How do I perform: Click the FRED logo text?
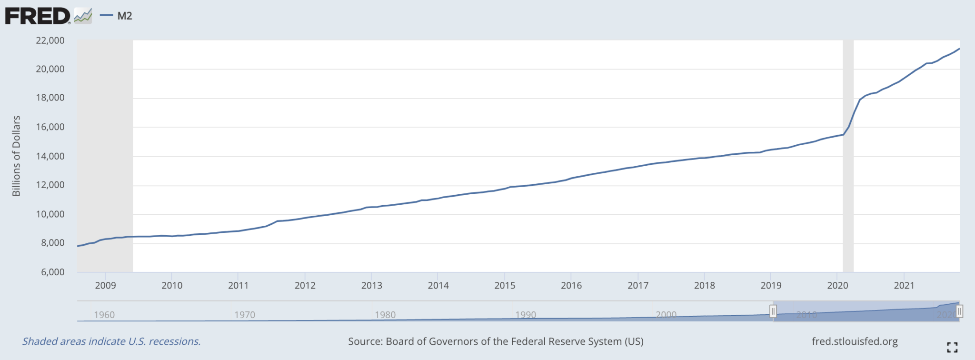[x=37, y=16]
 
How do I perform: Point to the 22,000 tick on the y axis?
[x=50, y=40]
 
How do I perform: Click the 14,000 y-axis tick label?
[x=50, y=156]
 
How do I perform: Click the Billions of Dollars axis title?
[x=16, y=156]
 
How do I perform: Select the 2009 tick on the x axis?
[x=105, y=285]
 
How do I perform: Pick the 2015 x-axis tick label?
[x=505, y=285]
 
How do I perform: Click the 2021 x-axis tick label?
[x=904, y=285]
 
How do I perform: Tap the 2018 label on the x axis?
[x=704, y=285]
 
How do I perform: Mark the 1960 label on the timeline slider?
[x=104, y=315]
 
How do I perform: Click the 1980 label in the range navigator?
[x=385, y=315]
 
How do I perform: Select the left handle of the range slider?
[x=773, y=311]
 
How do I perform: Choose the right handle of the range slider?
[x=959, y=311]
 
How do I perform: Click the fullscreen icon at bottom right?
[x=952, y=347]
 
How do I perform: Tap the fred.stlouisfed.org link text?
[x=855, y=341]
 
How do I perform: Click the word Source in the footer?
[x=365, y=341]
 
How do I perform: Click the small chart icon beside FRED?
[x=83, y=16]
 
